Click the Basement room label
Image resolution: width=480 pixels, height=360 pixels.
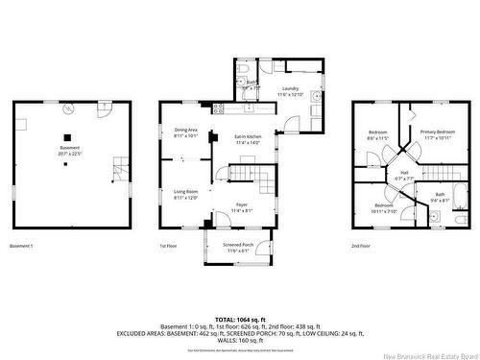(x=69, y=150)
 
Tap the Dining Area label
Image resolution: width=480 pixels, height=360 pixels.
(x=185, y=132)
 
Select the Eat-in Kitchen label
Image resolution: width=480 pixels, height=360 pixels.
(x=248, y=139)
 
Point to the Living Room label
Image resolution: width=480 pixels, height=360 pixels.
(x=184, y=194)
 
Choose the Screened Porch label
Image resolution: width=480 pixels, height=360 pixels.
(x=236, y=247)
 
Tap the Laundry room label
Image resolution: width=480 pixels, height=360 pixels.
(x=289, y=92)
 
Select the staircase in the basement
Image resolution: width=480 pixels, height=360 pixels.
(x=118, y=170)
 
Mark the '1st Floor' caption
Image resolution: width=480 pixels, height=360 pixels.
(x=169, y=247)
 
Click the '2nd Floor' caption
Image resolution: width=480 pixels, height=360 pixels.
(x=362, y=247)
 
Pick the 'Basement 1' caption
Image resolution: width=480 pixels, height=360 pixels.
(x=21, y=247)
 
